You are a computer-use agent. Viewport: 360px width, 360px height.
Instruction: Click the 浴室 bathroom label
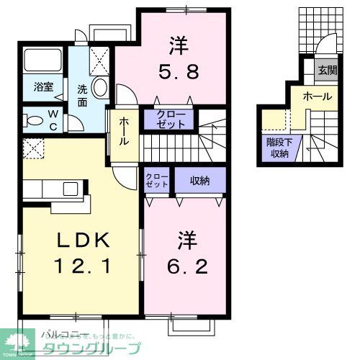tap(42, 87)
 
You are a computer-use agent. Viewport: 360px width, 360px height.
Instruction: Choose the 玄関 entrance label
tap(328, 71)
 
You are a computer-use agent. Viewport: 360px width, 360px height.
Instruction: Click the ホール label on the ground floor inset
tap(318, 96)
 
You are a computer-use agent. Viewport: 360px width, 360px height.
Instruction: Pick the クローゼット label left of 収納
tap(156, 180)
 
